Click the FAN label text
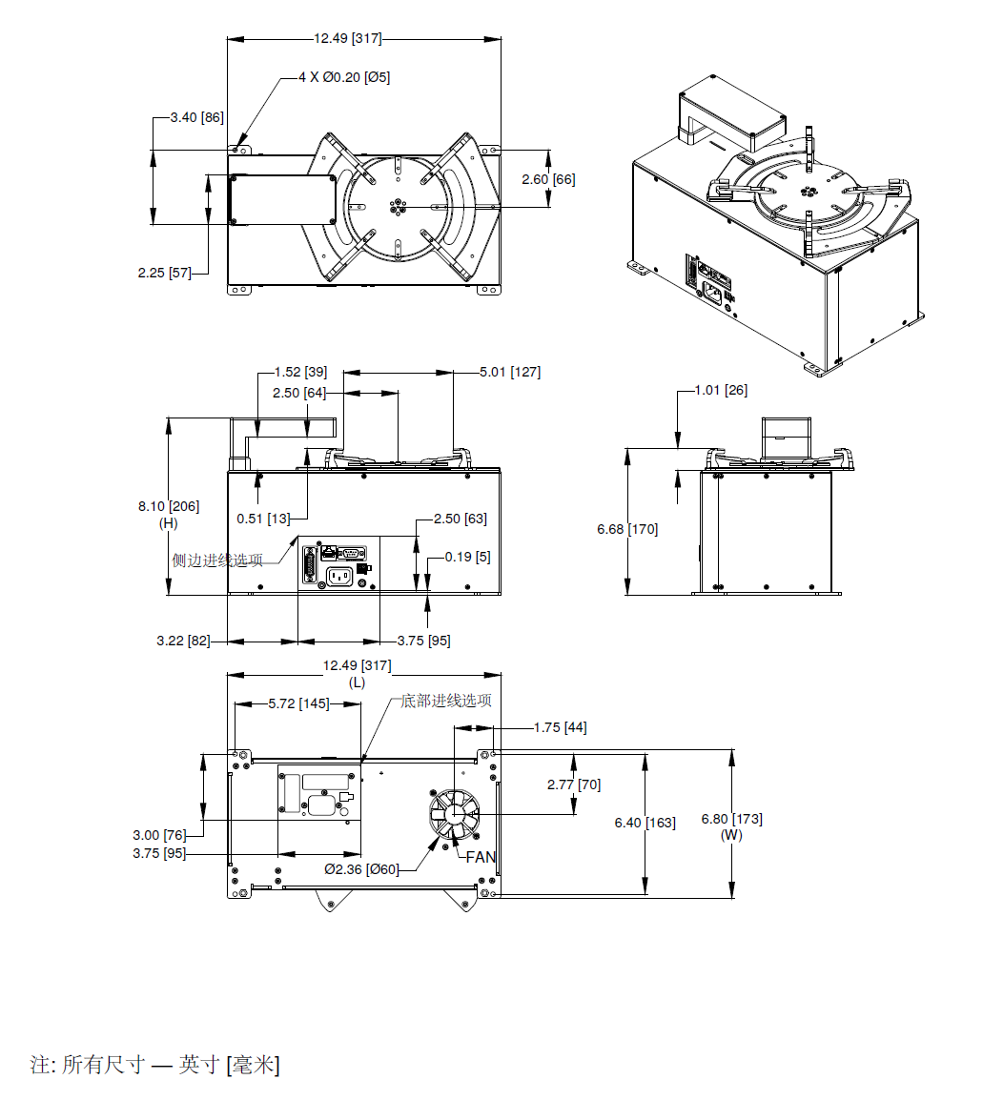pyautogui.click(x=481, y=857)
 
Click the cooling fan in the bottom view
pyautogui.click(x=455, y=814)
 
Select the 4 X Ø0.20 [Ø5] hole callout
pyautogui.click(x=344, y=77)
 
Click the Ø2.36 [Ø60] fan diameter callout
pyautogui.click(x=361, y=869)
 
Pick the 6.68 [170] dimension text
pyautogui.click(x=627, y=529)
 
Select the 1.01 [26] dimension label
pyautogui.click(x=721, y=390)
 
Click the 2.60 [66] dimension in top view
pyautogui.click(x=548, y=179)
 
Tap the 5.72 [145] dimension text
pyautogui.click(x=298, y=703)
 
